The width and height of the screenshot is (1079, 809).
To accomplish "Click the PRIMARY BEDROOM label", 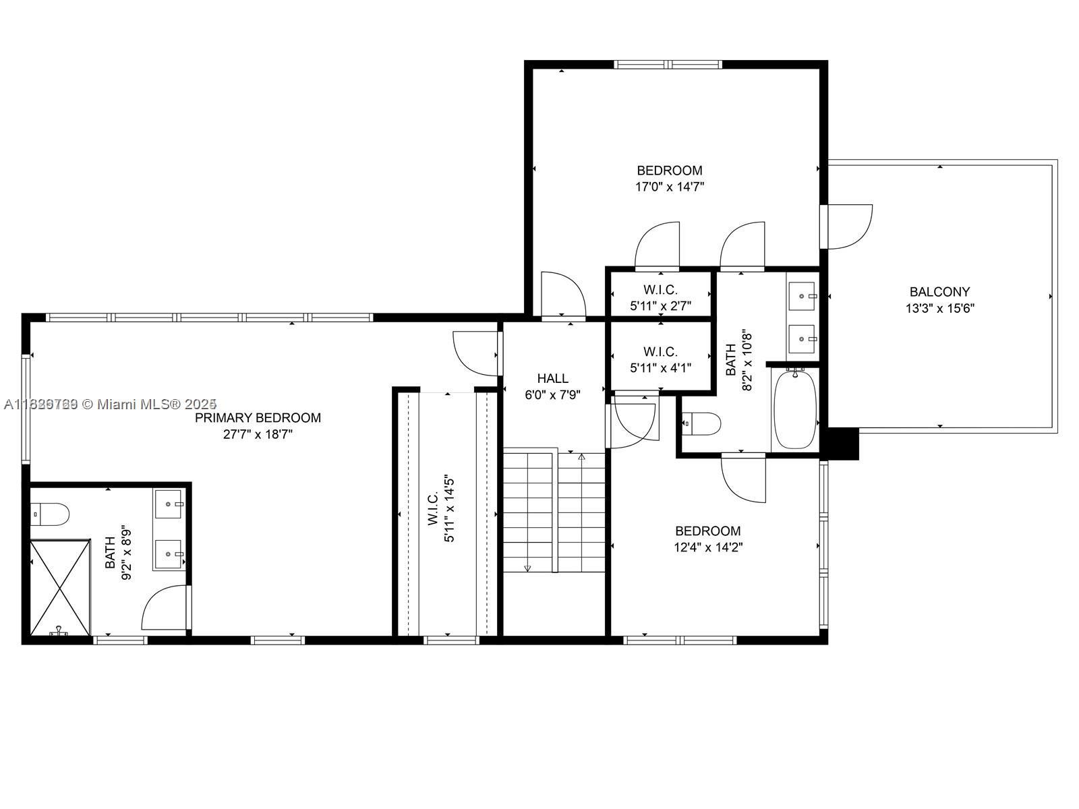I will [258, 418].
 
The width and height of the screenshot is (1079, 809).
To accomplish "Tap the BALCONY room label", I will [939, 292].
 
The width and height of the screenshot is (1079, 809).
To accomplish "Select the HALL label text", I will [552, 378].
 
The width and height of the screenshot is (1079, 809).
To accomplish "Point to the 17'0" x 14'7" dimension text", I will [670, 187].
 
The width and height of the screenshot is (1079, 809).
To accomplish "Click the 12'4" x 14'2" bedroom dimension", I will [708, 547].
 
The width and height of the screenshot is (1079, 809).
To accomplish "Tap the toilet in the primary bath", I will [51, 514].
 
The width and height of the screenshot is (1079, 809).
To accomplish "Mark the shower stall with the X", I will [60, 587].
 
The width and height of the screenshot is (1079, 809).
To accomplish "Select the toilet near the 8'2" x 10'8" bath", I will [702, 423].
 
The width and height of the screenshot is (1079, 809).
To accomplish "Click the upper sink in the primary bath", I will [169, 504].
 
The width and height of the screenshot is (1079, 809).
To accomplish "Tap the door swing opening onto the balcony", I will [848, 227].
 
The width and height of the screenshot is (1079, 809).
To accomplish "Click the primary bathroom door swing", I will [165, 608].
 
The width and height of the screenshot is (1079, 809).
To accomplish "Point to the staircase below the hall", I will [554, 512].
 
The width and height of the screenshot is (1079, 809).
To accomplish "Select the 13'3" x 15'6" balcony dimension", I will [939, 309].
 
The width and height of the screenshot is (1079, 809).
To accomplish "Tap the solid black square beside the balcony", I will [842, 444].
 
